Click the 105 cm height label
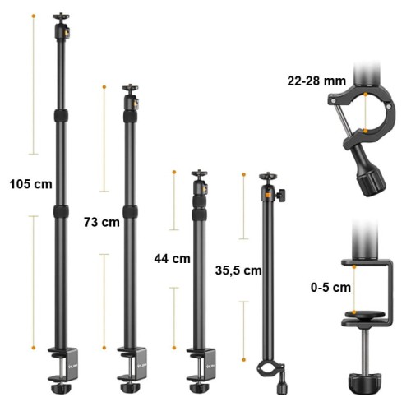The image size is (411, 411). pos(30,184)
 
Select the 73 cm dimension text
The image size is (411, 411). pos(102,222)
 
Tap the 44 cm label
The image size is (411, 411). pos(172,259)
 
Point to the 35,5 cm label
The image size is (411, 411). pos(238,270)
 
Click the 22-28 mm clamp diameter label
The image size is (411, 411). pos(316,81)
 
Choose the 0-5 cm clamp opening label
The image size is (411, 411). pos(330,288)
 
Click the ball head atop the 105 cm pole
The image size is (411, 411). pos(62,26)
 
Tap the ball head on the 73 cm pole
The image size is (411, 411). pos(131,97)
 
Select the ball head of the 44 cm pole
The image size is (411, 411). pos(200,182)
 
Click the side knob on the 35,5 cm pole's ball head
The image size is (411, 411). pos(281,196)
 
